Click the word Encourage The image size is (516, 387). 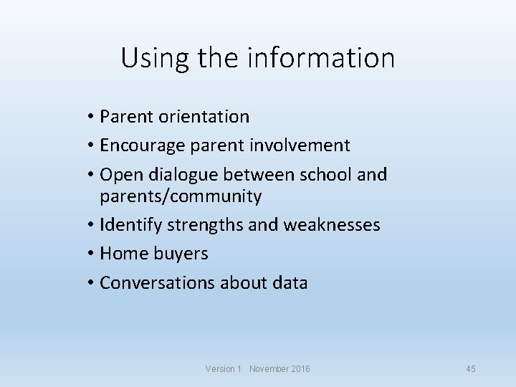click(143, 145)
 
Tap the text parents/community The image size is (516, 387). click(181, 196)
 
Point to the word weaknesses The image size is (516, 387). click(332, 225)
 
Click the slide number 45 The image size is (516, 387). click(471, 368)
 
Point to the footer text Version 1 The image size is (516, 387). click(224, 368)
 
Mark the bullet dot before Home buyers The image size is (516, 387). click(92, 254)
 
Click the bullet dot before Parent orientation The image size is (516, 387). click(92, 117)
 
